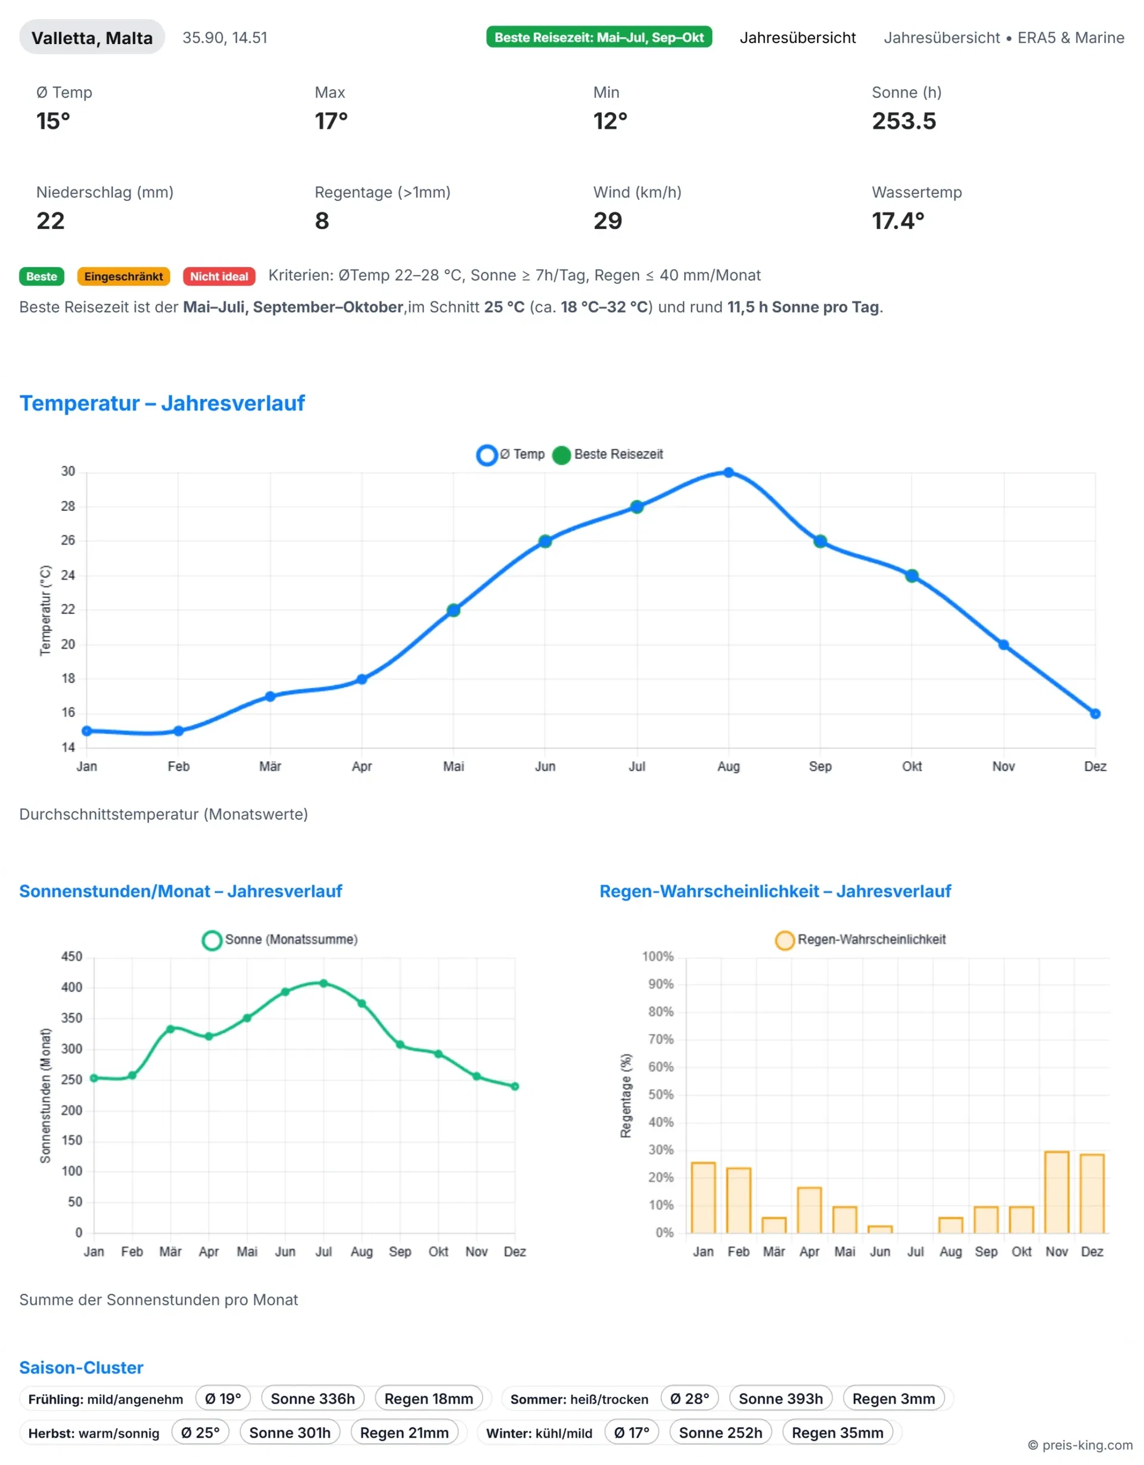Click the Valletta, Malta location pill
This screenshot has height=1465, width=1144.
92,38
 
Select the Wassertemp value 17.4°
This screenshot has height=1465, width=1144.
898,221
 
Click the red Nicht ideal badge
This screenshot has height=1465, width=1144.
219,276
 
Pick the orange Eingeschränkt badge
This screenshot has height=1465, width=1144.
123,276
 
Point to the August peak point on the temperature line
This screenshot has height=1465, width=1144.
729,472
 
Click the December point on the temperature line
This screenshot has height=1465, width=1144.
1095,713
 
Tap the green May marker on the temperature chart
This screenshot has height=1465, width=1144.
453,610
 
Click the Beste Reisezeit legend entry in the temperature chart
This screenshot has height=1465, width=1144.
608,454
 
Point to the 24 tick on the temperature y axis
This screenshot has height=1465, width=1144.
69,575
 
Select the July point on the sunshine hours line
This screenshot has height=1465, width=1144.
324,983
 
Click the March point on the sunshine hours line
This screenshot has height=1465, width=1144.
170,1028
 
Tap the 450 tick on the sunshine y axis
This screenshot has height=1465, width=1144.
71,956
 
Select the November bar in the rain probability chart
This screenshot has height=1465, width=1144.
1057,1192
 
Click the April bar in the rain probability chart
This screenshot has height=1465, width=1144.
809,1210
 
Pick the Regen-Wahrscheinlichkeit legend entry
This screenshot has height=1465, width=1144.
861,939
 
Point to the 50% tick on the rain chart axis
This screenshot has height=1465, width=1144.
661,1095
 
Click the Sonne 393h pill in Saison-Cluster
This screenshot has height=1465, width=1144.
781,1398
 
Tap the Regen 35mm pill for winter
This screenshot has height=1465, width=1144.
837,1433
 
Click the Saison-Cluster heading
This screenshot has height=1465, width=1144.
81,1367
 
